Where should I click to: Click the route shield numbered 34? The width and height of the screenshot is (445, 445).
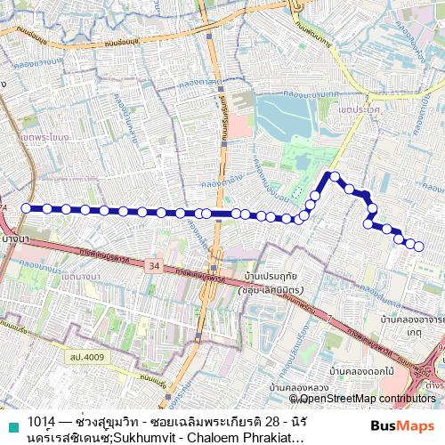pyautogui.click(x=155, y=266)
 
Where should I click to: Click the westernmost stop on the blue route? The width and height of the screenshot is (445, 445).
pyautogui.click(x=25, y=208)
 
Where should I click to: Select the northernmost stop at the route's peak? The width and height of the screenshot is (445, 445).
pyautogui.click(x=335, y=176)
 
